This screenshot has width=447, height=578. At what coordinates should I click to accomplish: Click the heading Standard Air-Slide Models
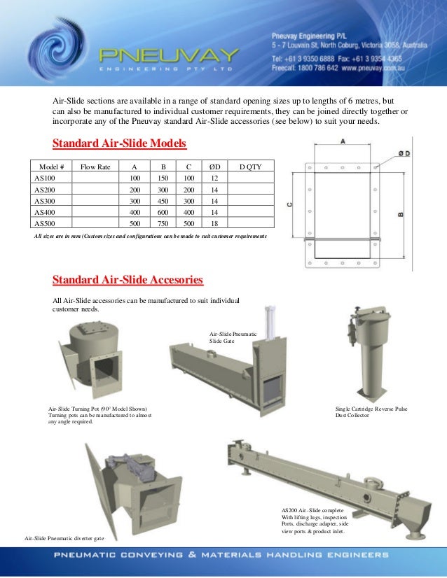[120, 144]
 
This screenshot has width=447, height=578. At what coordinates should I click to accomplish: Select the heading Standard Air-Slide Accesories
[128, 280]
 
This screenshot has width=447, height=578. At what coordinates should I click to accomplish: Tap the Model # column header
[52, 167]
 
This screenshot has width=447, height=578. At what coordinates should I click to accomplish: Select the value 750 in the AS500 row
[163, 223]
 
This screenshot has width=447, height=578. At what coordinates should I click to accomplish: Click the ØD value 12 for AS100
[213, 178]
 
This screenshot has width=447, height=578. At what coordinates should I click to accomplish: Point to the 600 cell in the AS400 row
[163, 212]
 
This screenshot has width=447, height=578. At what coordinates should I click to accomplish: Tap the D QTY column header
[251, 167]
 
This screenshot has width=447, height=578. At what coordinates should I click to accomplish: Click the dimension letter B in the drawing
[401, 215]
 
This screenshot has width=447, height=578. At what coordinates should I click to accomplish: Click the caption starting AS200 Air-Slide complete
[314, 521]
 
